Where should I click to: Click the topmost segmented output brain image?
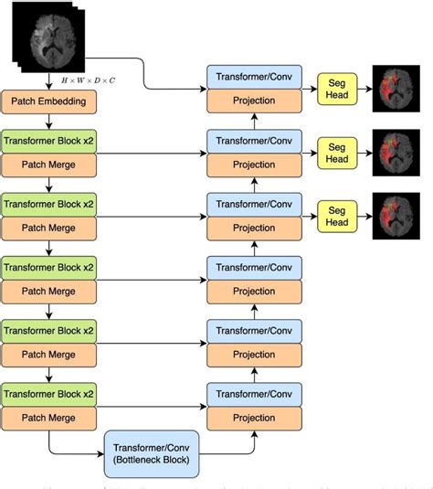click(398, 88)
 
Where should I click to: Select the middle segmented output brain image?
click(398, 151)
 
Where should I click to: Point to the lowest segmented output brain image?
click(398, 216)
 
